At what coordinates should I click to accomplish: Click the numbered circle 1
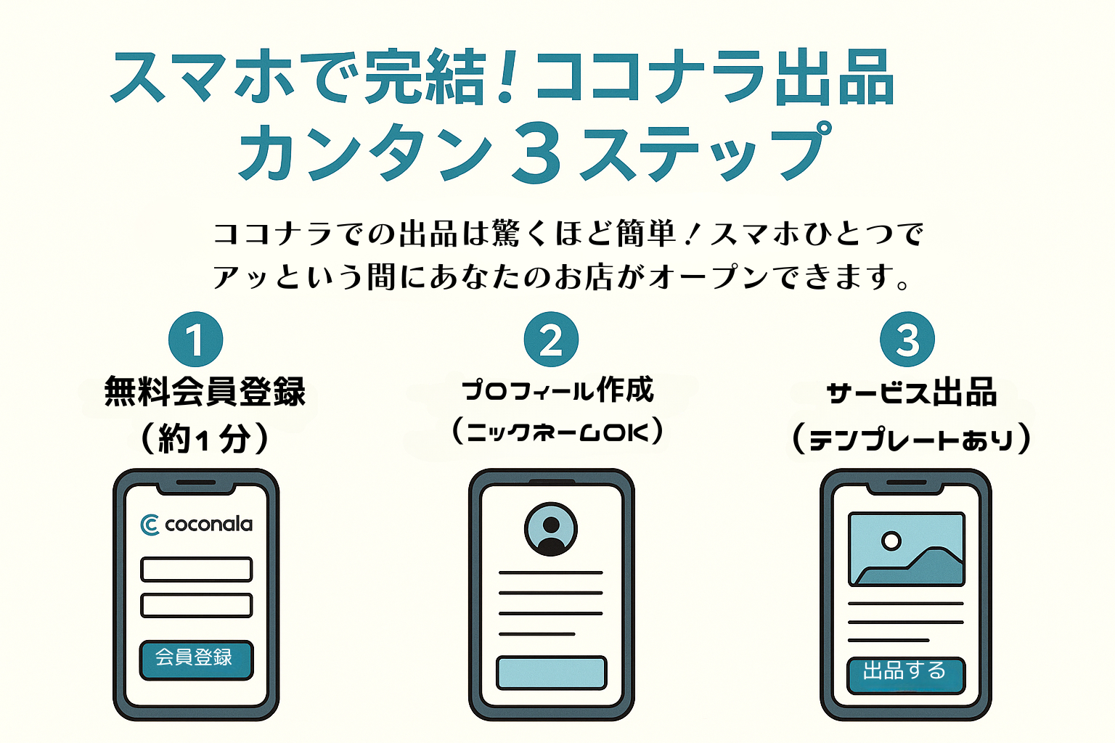pos(195,340)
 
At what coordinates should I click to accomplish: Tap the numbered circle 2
pos(551,340)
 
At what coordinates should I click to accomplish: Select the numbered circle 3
pos(907,340)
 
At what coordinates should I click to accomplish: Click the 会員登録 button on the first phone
pos(196,659)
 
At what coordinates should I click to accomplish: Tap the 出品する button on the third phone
pos(905,673)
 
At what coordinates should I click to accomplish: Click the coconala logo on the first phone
pos(196,524)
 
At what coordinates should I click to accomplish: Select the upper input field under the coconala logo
pos(196,570)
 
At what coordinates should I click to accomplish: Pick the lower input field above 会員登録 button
pos(196,605)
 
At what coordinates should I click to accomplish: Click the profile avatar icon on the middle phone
pos(551,530)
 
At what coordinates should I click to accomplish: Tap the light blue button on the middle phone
pos(551,673)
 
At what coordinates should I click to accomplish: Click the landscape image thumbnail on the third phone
pos(907,549)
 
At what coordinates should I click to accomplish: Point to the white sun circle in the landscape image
pos(891,541)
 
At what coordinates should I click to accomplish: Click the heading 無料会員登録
pos(205,392)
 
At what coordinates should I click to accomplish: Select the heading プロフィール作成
pos(557,390)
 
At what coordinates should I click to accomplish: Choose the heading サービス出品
pos(911,393)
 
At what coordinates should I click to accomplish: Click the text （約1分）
pos(205,438)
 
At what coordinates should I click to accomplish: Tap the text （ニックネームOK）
pos(557,432)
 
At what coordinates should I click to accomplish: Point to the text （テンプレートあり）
pos(911,439)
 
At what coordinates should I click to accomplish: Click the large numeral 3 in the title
pos(537,153)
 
